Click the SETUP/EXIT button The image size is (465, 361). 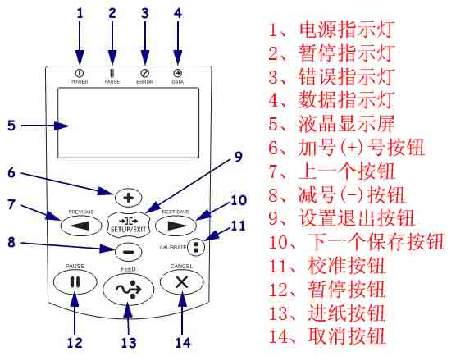coord(126,224)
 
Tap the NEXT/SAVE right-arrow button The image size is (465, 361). coord(171,223)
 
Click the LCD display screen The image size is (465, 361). coord(129,123)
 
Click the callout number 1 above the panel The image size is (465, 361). coord(80,12)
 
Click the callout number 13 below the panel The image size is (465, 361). coord(127,342)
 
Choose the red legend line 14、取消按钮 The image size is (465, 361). coord(328,336)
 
